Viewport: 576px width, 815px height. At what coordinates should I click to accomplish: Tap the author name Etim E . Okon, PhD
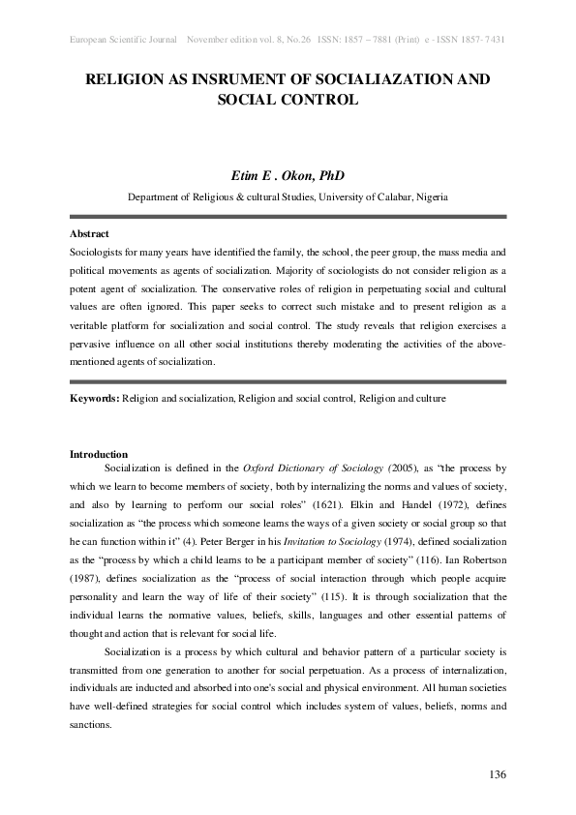point(288,175)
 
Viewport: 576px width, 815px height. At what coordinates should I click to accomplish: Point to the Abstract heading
point(89,234)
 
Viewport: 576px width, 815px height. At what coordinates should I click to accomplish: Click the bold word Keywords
point(94,398)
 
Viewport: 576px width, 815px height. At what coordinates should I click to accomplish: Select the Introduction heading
point(99,454)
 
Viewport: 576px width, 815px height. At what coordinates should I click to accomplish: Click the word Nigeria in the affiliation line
point(427,196)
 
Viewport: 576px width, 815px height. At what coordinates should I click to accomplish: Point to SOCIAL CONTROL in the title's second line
point(288,100)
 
